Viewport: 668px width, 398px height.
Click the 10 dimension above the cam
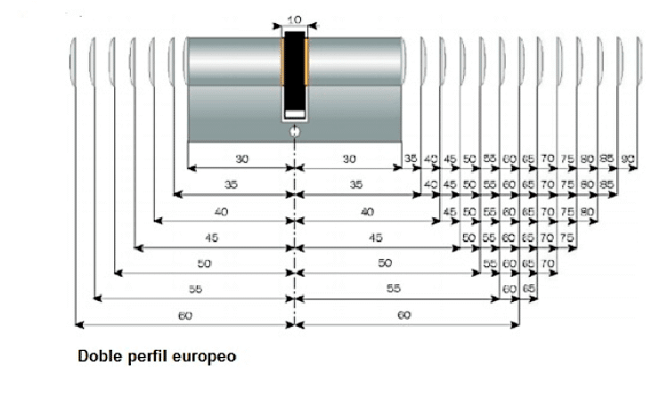pos(294,19)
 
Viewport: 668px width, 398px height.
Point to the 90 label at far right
pos(627,158)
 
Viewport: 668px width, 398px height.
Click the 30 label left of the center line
pos(242,158)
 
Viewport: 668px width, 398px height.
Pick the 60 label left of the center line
pos(185,315)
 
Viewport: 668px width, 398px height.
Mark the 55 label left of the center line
pos(194,289)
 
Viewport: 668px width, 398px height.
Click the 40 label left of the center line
pos(223,211)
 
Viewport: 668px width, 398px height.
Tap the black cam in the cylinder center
pos(294,76)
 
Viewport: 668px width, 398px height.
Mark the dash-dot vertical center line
pos(294,223)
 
